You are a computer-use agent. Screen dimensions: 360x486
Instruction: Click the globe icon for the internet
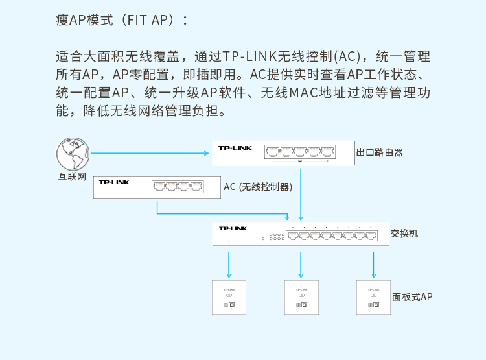coord(73,154)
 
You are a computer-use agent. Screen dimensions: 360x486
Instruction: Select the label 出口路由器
coord(380,152)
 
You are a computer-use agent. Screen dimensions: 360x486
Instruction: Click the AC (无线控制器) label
coord(258,187)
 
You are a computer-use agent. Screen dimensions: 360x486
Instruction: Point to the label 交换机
coord(404,232)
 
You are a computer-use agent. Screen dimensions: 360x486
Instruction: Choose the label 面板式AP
coord(412,297)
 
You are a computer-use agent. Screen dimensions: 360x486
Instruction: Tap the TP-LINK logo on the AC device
coord(114,182)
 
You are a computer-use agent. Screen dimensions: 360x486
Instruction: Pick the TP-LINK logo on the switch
coord(233,228)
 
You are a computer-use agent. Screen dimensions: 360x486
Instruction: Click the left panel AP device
coord(229,297)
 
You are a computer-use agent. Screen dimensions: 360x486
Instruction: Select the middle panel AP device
coord(301,297)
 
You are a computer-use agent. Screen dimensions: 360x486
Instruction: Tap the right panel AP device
coord(373,297)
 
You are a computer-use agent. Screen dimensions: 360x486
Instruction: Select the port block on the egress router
coord(300,152)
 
